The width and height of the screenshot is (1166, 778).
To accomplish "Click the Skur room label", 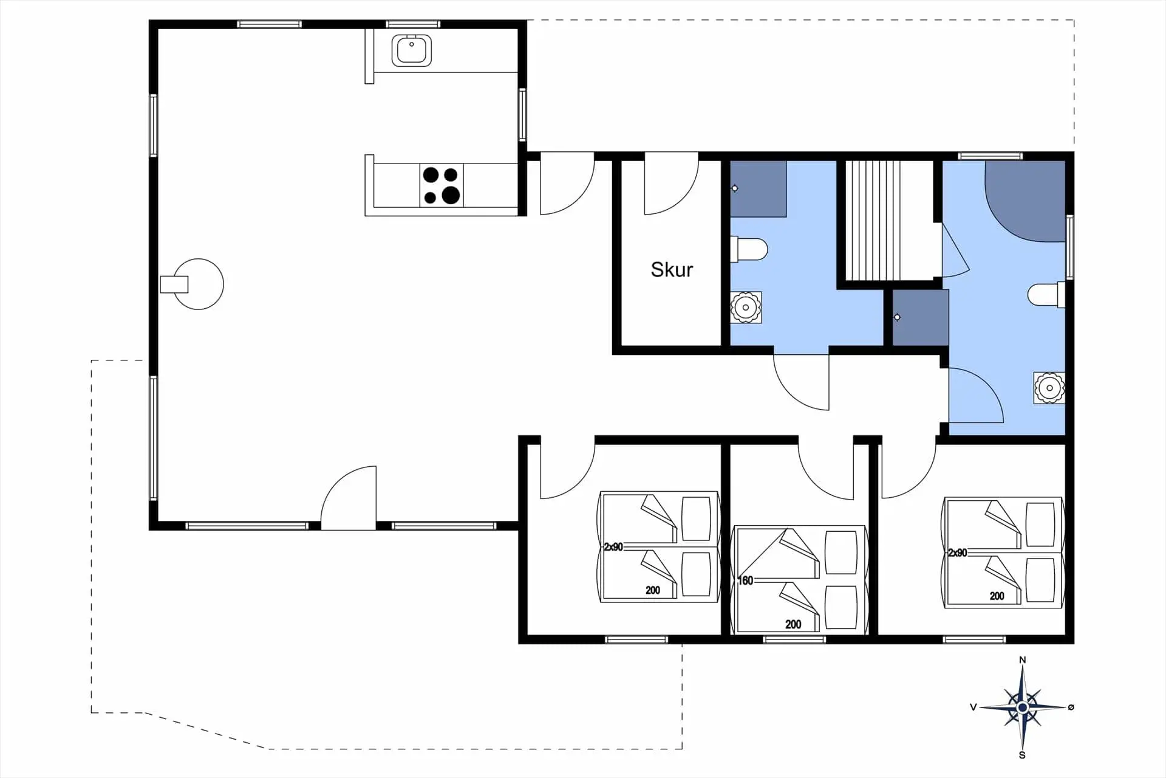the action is [672, 269].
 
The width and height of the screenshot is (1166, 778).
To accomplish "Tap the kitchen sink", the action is [412, 50].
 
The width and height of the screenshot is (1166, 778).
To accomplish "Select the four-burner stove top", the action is [442, 185].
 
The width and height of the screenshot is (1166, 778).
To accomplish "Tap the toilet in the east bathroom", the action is [1046, 295].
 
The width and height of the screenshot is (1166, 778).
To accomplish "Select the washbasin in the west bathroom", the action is [745, 307].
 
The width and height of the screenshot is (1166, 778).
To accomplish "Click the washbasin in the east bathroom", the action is [1049, 388].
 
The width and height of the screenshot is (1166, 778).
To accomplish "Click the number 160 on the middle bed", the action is [745, 580].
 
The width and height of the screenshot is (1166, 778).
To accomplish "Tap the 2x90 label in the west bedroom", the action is [613, 547].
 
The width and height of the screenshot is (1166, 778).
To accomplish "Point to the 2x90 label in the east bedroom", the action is [958, 553].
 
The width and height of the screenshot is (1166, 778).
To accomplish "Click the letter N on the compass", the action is [1022, 660].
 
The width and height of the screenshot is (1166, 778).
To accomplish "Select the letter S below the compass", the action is [1022, 756].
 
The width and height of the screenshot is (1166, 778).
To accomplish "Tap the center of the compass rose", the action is [1022, 707].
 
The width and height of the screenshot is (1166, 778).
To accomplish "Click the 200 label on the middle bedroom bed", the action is [793, 624].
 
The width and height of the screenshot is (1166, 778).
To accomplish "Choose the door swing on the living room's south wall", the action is [349, 498].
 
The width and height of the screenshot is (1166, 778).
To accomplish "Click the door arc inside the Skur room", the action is [671, 187].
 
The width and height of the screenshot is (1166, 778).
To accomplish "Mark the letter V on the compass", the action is [973, 707].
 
